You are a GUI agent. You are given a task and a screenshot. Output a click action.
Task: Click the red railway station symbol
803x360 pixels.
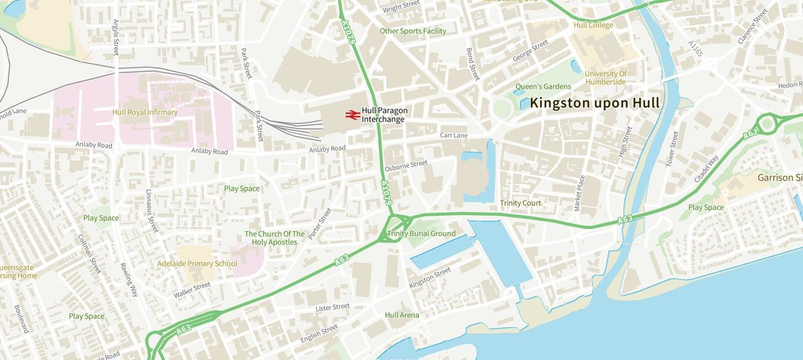click(352, 115)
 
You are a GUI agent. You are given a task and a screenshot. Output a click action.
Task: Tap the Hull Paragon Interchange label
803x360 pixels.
click(384, 115)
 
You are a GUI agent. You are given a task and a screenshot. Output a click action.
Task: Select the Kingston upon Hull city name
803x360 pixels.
click(595, 103)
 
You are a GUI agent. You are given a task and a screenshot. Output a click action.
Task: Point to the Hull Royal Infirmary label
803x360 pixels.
click(145, 113)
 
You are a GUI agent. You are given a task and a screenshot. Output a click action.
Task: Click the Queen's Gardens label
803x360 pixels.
click(543, 87)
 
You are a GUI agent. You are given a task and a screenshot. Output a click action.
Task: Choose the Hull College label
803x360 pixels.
click(593, 25)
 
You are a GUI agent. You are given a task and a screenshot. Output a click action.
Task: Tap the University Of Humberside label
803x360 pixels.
click(605, 78)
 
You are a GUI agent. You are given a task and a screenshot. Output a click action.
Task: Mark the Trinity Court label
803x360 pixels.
click(520, 203)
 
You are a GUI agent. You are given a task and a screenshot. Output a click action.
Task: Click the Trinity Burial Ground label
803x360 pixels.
click(421, 234)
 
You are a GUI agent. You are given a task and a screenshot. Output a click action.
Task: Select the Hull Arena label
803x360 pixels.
click(401, 315)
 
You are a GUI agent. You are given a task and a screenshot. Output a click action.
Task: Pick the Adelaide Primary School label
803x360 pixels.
click(197, 263)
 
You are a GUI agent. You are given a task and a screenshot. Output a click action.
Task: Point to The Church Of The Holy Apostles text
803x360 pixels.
click(274, 238)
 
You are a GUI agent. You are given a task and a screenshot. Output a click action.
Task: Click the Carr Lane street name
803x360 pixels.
click(454, 135)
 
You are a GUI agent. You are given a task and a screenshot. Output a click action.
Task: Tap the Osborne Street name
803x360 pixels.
click(406, 167)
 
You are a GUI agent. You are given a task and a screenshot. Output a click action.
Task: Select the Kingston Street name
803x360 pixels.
click(430, 278)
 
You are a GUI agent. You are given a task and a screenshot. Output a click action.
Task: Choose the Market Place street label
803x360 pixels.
click(580, 193)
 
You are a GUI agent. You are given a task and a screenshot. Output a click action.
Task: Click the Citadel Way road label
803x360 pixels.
click(706, 169)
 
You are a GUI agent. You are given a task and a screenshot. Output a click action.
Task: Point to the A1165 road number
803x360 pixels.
click(695, 50)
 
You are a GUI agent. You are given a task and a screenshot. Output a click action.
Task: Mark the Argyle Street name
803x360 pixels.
click(115, 36)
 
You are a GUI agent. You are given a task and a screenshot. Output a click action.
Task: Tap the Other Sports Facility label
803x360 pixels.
click(413, 31)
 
